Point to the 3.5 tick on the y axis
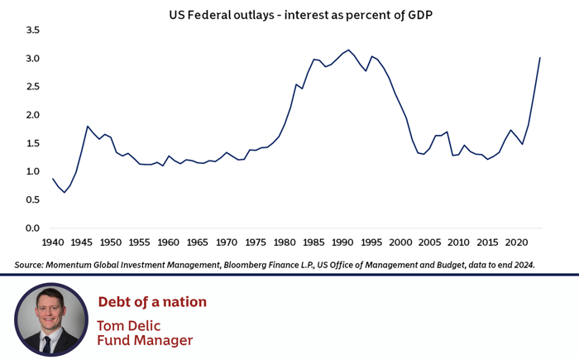[32, 30]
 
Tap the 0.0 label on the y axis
[32, 228]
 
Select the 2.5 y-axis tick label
[32, 87]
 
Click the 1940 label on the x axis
[52, 243]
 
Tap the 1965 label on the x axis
[197, 243]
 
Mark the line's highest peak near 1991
[348, 50]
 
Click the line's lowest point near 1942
[65, 192]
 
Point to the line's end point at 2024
[540, 58]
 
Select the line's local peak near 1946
[88, 126]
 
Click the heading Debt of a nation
[152, 302]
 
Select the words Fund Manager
[145, 340]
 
